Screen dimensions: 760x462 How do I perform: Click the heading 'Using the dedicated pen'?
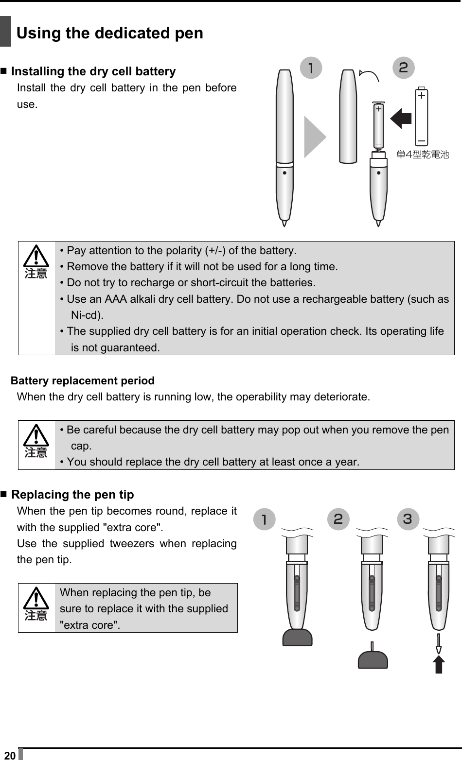click(110, 33)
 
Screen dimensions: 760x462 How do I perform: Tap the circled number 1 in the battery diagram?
click(311, 68)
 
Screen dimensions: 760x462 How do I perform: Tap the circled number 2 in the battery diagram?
click(403, 68)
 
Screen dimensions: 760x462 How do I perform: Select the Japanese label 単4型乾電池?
click(423, 155)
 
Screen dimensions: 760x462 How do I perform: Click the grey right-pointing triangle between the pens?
click(315, 137)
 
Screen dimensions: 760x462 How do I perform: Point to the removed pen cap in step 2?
click(348, 117)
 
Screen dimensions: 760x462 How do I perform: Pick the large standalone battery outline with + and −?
click(421, 116)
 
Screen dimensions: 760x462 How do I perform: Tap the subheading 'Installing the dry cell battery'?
click(93, 71)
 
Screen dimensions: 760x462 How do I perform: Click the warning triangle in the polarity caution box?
click(36, 257)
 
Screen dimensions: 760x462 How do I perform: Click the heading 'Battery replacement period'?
click(83, 380)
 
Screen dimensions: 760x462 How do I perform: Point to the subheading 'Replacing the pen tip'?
click(72, 495)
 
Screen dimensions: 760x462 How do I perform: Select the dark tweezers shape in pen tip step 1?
click(298, 637)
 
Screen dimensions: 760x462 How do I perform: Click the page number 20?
click(9, 755)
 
